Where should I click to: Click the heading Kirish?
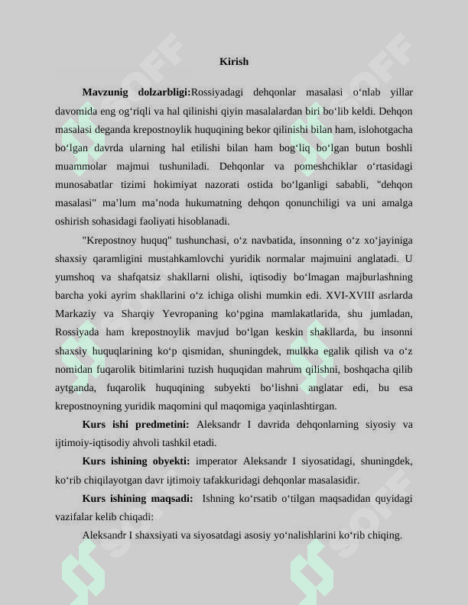(234, 61)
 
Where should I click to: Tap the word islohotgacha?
(380, 129)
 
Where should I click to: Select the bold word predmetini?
(159, 424)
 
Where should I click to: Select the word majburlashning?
(372, 277)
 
